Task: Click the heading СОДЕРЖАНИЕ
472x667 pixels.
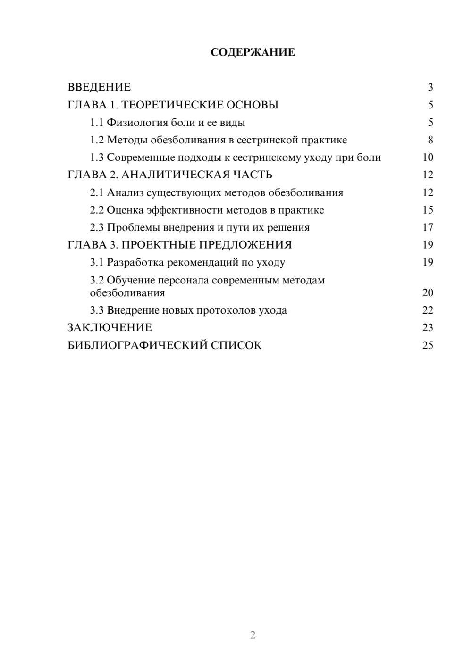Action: tap(253, 52)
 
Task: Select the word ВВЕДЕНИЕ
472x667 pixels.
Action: tap(99, 87)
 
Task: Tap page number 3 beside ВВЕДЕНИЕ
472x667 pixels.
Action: tap(430, 87)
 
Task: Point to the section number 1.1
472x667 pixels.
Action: tap(96, 123)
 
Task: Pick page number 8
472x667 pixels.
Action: tap(430, 140)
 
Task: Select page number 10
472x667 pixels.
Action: tap(428, 158)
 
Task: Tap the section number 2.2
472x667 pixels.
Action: tap(96, 210)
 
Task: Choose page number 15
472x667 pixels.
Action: tap(428, 210)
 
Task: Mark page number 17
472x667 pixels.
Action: tap(428, 227)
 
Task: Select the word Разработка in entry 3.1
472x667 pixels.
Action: tap(135, 262)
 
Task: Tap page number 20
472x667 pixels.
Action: tap(428, 293)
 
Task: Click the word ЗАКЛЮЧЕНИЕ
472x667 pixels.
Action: tap(110, 328)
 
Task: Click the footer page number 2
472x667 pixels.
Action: tap(253, 635)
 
